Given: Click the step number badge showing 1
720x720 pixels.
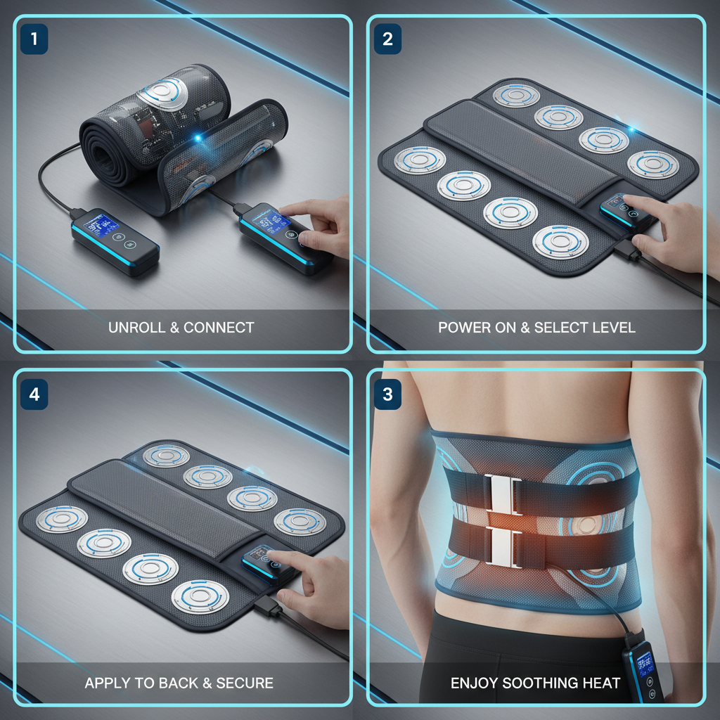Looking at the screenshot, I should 34,39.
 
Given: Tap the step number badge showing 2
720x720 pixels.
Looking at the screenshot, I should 387,39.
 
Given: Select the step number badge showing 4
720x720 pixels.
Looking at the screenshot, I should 34,394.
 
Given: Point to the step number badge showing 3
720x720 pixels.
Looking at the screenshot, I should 387,394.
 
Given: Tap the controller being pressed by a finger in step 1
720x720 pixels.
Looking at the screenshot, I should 284,234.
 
